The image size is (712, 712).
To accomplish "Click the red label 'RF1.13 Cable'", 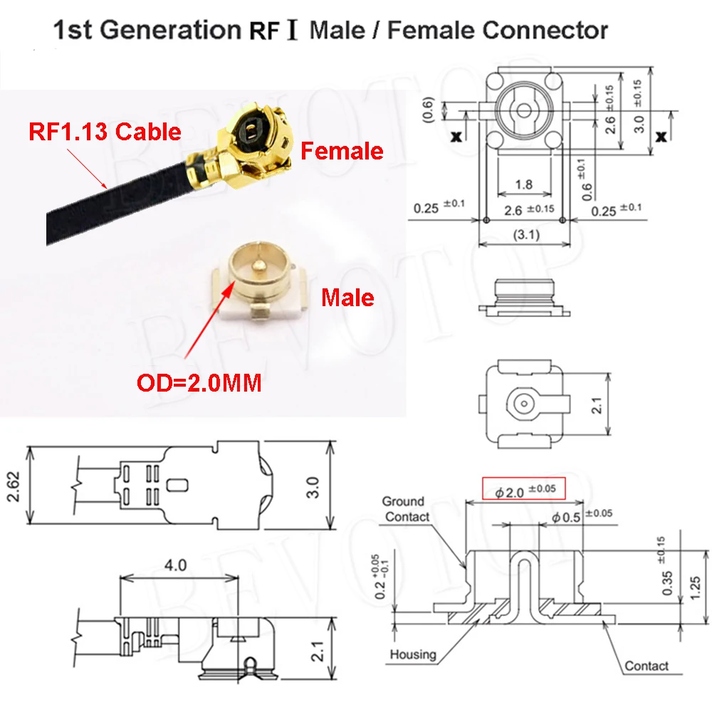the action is pyautogui.click(x=105, y=132).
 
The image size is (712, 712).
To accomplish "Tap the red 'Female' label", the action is pyautogui.click(x=342, y=151).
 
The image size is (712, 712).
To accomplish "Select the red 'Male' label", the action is pyautogui.click(x=348, y=298).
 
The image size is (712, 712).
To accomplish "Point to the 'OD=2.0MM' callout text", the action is pyautogui.click(x=199, y=383).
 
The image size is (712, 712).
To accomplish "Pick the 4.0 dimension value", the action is pyautogui.click(x=175, y=565).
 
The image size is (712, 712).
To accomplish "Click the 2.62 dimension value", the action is pyautogui.click(x=14, y=487).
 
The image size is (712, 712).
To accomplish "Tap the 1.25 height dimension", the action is pyautogui.click(x=695, y=587).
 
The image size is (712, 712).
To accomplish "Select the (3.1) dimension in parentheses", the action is pyautogui.click(x=526, y=235).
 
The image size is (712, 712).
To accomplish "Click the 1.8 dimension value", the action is pyautogui.click(x=524, y=184).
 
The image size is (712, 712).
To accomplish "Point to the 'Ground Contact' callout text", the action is pyautogui.click(x=405, y=509).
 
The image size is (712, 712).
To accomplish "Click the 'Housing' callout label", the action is pyautogui.click(x=413, y=654).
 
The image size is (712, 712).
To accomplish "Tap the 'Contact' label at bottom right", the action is pyautogui.click(x=646, y=666).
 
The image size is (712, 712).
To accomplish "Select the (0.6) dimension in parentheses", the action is pyautogui.click(x=428, y=110).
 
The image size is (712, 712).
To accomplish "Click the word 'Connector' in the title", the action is pyautogui.click(x=545, y=31).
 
